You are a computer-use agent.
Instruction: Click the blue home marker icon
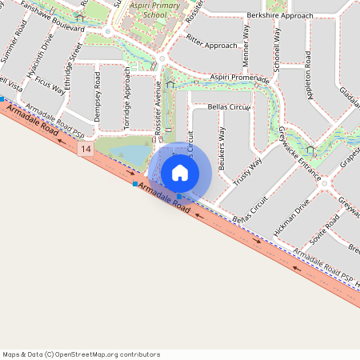180,172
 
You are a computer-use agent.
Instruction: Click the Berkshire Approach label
280,15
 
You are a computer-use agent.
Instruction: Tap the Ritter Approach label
212,42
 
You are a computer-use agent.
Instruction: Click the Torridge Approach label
126,98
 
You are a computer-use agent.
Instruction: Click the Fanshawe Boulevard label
52,17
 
